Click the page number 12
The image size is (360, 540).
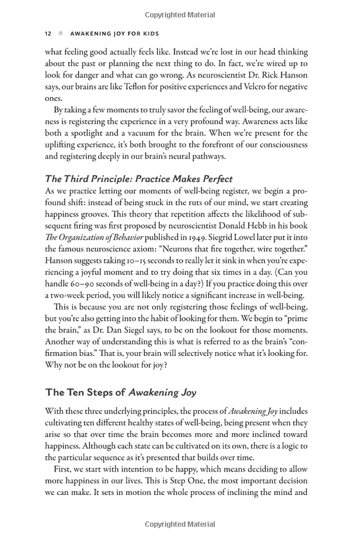pos(49,34)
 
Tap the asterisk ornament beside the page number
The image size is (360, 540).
pos(61,34)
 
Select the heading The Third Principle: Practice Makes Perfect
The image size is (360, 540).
pos(139,179)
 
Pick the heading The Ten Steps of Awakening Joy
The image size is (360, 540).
pos(121,392)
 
